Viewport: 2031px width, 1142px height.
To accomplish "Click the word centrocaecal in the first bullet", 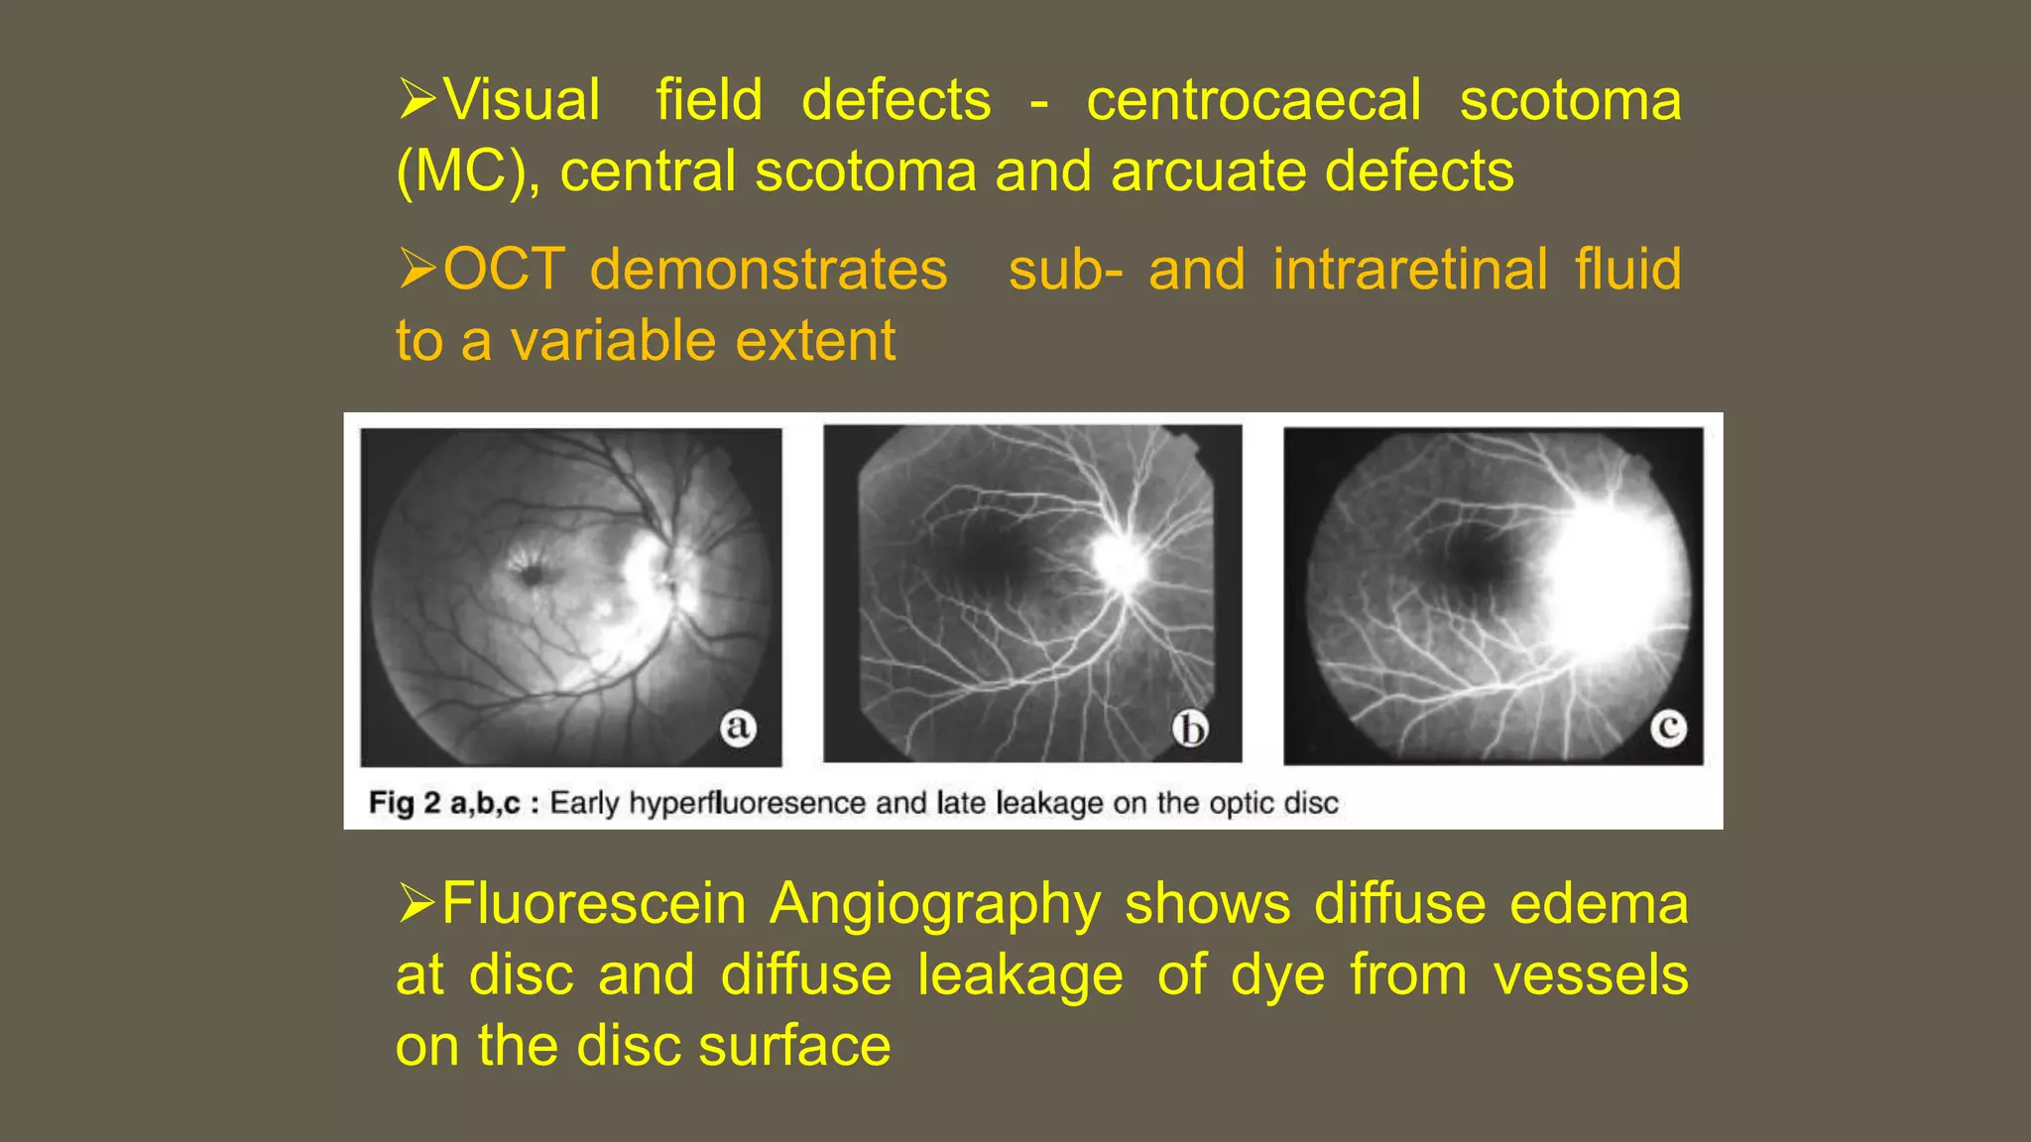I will [x=1254, y=100].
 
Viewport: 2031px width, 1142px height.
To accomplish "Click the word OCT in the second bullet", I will [x=504, y=270].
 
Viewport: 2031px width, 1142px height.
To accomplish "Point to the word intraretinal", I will [x=1410, y=270].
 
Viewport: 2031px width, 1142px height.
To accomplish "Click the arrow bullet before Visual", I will [x=418, y=99].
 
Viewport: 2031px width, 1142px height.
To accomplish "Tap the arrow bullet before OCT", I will [x=418, y=269].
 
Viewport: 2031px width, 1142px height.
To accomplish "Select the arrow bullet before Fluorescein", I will [x=418, y=903].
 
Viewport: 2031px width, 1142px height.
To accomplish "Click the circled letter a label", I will [x=737, y=728].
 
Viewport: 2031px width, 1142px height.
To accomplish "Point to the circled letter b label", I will [x=1190, y=730].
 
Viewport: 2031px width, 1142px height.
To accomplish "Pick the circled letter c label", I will [x=1668, y=729].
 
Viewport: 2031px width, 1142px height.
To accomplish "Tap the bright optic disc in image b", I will [x=1122, y=562].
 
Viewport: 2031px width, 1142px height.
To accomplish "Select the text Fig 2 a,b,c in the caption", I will [x=443, y=803].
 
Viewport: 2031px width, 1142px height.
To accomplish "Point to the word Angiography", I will [x=935, y=904].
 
